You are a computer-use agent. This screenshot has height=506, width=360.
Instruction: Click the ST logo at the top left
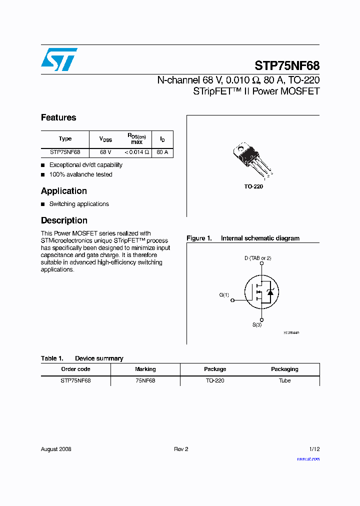click(59, 59)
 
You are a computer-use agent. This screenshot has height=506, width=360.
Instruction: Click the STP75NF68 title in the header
click(286, 66)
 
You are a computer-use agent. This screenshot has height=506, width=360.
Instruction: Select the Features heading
click(58, 117)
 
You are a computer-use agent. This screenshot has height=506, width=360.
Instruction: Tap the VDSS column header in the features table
click(105, 139)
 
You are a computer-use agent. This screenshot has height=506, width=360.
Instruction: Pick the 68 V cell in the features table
click(105, 152)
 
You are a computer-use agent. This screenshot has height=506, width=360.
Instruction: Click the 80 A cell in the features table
click(162, 152)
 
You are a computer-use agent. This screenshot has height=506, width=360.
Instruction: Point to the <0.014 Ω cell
click(136, 152)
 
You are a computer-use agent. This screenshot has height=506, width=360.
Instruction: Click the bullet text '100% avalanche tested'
click(80, 174)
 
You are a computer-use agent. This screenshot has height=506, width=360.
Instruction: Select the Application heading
click(64, 191)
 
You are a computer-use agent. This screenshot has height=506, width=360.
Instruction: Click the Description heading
click(64, 220)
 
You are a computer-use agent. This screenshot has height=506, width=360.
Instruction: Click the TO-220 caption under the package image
click(253, 186)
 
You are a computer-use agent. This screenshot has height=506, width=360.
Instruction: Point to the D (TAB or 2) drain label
click(257, 258)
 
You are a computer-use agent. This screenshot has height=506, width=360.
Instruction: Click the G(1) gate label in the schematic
click(224, 295)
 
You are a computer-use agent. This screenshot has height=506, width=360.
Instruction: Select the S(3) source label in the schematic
click(257, 325)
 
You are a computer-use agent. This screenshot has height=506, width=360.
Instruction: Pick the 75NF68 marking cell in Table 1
click(145, 380)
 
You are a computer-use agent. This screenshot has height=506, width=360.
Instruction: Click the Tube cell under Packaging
click(284, 380)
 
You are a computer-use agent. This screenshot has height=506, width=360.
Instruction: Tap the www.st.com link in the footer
click(308, 459)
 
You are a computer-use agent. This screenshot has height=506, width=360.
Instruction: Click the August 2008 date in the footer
click(56, 449)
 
